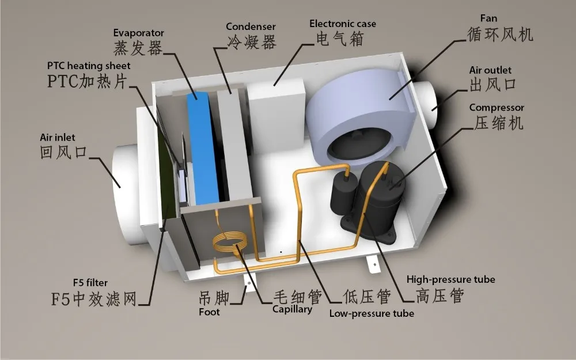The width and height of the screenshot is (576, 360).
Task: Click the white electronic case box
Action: (x=275, y=118)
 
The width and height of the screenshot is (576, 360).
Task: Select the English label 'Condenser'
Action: (x=251, y=26)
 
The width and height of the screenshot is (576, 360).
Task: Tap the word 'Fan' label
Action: (x=488, y=18)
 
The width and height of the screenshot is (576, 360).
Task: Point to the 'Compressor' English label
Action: (x=497, y=108)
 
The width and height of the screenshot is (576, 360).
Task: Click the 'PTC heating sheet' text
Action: (x=89, y=66)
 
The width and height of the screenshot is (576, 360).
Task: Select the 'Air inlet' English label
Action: (x=58, y=138)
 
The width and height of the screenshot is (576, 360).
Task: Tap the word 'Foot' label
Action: (x=209, y=312)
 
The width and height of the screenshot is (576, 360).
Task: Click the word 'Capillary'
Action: (x=292, y=309)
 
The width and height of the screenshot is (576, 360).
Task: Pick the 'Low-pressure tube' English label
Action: (x=372, y=314)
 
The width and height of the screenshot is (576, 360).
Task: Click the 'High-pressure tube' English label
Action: (x=450, y=279)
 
